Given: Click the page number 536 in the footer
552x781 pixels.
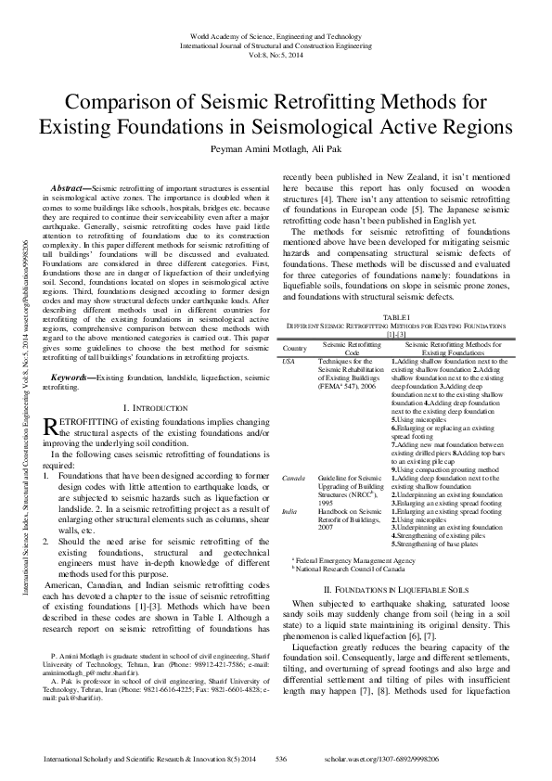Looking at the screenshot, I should point(280,758).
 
